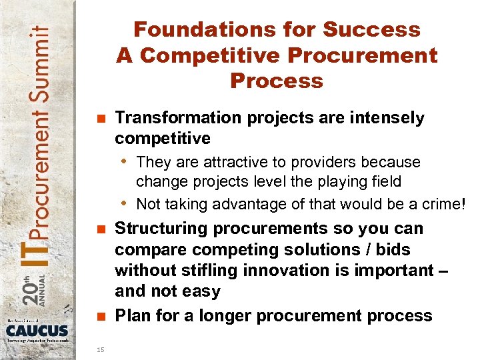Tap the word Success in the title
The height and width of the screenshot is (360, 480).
coord(372,30)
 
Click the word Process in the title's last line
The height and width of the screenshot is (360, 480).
coord(277,81)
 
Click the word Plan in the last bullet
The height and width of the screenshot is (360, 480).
coord(132,315)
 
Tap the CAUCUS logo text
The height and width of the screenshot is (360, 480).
coord(37,331)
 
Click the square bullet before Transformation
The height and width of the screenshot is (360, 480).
coord(101,119)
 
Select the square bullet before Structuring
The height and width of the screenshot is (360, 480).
coord(101,229)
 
